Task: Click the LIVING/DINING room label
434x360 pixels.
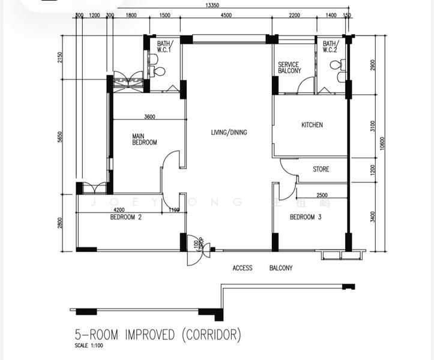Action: (229, 133)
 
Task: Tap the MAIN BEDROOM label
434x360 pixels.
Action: (145, 139)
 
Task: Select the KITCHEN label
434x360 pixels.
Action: (312, 125)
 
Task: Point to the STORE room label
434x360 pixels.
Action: (321, 169)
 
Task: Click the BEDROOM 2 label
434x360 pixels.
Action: (125, 217)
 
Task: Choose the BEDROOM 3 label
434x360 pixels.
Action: (306, 217)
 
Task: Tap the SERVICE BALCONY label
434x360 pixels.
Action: (289, 68)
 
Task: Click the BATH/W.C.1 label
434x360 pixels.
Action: (164, 47)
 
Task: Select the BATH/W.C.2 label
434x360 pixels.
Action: (331, 47)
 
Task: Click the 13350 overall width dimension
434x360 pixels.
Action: (212, 6)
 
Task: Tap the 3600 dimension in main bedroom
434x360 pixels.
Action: (150, 116)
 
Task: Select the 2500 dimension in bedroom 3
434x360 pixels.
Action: (322, 195)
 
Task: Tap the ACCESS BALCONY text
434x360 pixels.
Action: (262, 268)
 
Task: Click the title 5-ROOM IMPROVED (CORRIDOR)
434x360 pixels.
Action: (157, 334)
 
